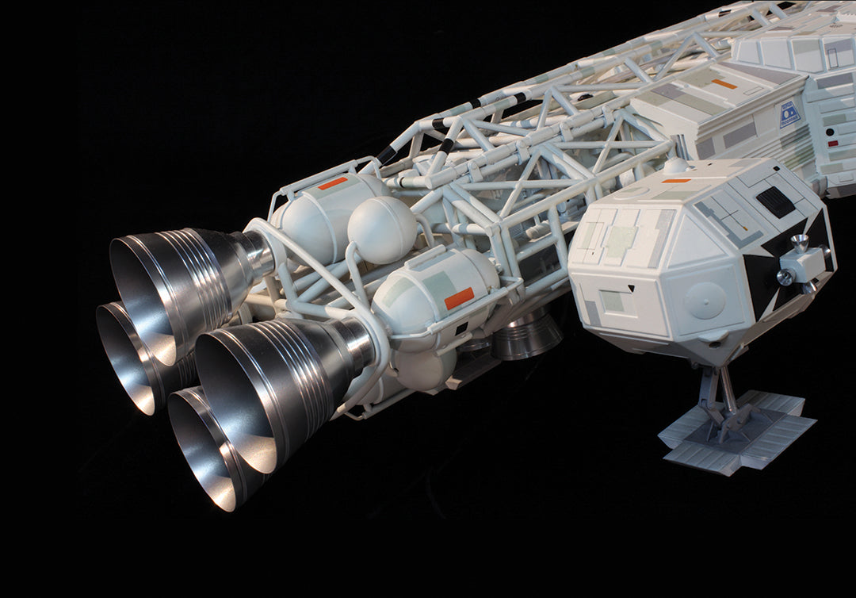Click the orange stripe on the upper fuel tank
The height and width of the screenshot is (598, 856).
click(x=332, y=183)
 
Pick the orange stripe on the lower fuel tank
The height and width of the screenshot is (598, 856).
click(x=459, y=298)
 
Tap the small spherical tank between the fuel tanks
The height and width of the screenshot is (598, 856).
click(x=381, y=229)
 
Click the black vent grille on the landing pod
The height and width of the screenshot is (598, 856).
click(x=775, y=201)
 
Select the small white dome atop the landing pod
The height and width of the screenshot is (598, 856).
click(x=675, y=166)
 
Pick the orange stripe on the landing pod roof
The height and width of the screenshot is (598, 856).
click(x=676, y=181)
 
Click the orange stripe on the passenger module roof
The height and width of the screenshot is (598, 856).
click(x=723, y=83)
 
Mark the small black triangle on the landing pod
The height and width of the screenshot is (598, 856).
click(x=630, y=290)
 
